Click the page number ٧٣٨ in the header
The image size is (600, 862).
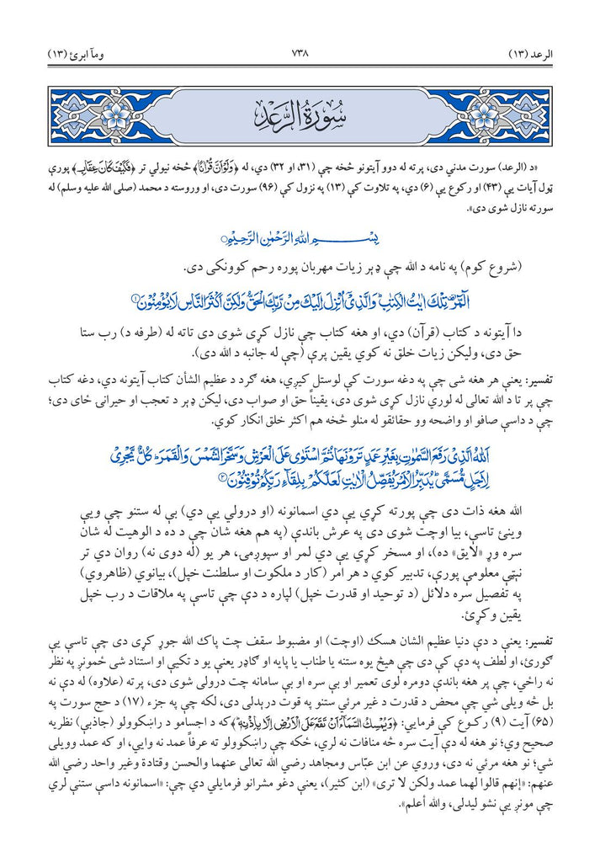coord(300,55)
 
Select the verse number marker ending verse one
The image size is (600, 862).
coord(134,297)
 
